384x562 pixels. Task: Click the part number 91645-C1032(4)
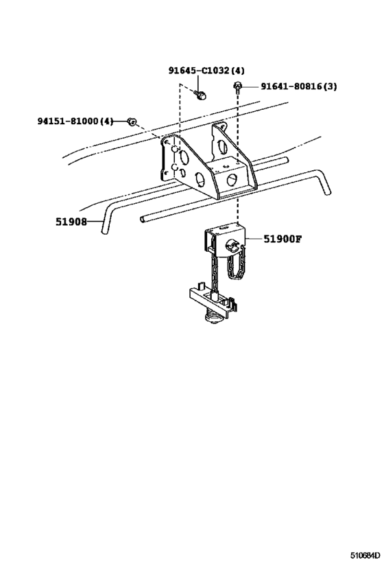click(x=206, y=71)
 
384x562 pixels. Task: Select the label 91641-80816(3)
click(x=298, y=86)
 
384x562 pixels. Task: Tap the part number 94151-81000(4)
click(x=75, y=121)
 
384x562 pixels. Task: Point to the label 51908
click(x=71, y=222)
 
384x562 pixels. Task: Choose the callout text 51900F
click(x=283, y=239)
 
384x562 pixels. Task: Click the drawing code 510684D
click(x=365, y=555)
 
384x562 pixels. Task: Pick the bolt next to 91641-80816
click(x=237, y=86)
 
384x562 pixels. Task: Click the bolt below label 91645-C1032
click(x=201, y=95)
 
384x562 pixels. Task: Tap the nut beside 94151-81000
click(x=132, y=121)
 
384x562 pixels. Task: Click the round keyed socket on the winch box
click(x=232, y=246)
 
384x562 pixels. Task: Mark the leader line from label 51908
click(x=94, y=222)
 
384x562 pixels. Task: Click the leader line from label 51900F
click(x=254, y=239)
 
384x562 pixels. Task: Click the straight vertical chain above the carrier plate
click(x=215, y=272)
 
